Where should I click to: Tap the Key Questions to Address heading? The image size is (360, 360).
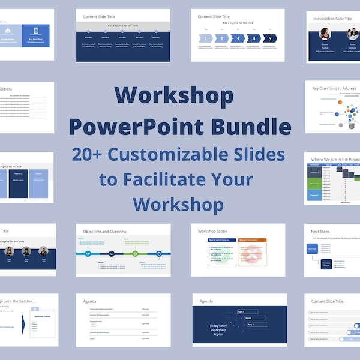point(334,88)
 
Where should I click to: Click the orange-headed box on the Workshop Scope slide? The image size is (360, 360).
point(252,253)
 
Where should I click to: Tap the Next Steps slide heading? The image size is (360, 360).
point(320,231)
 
